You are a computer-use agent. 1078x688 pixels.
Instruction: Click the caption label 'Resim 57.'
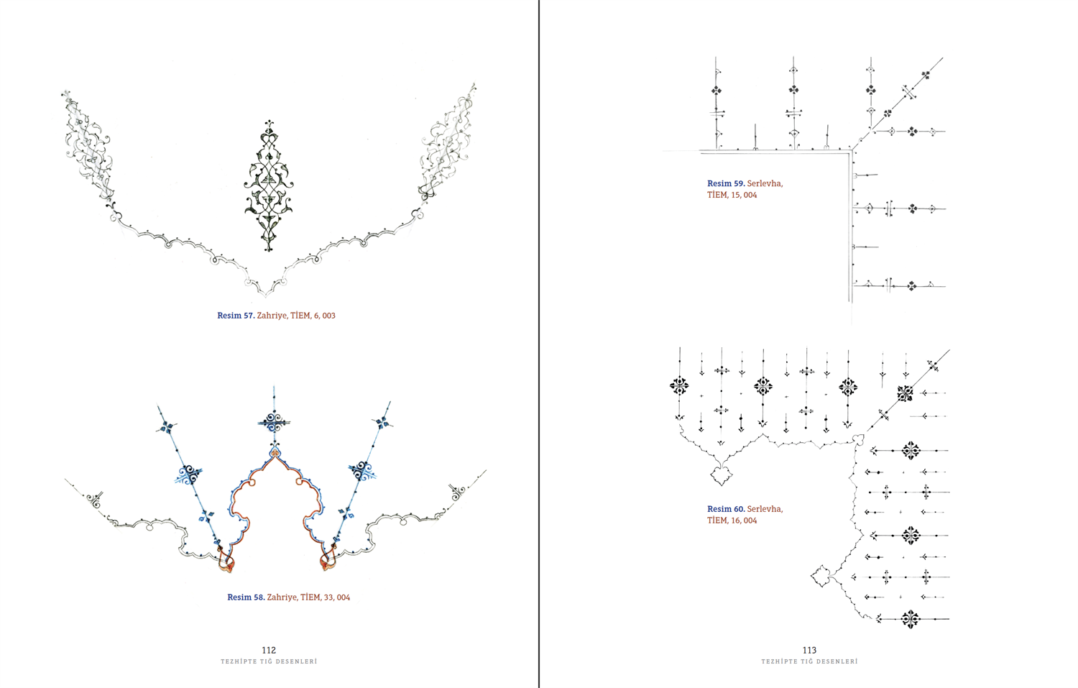[236, 316]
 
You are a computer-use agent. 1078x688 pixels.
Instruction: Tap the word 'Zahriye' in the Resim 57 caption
[272, 316]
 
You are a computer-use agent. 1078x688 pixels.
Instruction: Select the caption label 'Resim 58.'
[246, 597]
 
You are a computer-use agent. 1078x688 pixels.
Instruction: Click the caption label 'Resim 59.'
[726, 183]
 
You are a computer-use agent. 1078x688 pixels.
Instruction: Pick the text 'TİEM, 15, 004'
[732, 195]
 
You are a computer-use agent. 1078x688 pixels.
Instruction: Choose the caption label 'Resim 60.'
[726, 509]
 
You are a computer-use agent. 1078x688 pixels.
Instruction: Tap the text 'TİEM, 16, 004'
[732, 520]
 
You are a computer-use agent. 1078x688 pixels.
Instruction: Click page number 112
[269, 650]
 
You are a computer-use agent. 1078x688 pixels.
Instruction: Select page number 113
[809, 650]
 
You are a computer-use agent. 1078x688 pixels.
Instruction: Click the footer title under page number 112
[269, 661]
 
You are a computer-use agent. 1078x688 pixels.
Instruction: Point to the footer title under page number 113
[809, 661]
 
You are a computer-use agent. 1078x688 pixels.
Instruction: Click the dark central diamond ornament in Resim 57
[269, 185]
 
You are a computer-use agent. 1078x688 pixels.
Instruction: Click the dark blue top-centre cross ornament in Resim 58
[274, 422]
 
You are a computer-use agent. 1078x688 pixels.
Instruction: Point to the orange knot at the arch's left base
[226, 560]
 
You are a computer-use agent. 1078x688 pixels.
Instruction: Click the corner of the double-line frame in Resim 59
[852, 152]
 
